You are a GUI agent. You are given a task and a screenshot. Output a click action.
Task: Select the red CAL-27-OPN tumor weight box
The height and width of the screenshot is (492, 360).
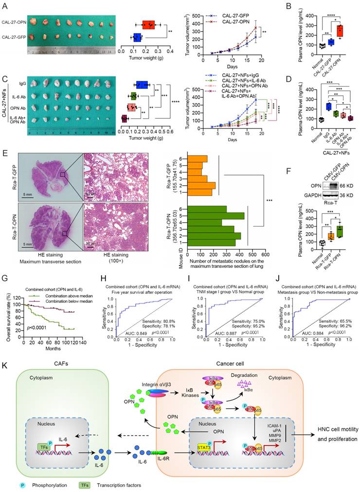(x=148, y=25)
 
